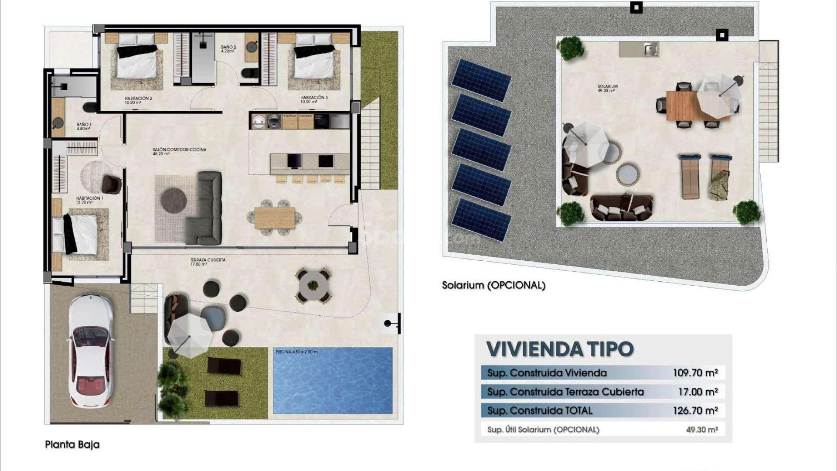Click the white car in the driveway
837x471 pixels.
[91, 350]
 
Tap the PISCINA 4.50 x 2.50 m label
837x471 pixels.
[296, 352]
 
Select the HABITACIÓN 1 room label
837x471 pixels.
[89, 200]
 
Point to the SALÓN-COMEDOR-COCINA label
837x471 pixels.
[179, 151]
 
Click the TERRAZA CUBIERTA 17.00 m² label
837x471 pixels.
[208, 262]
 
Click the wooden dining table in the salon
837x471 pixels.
[275, 217]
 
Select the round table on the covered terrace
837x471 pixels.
[313, 286]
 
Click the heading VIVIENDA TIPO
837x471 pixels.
[560, 349]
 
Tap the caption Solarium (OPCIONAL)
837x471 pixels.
[493, 286]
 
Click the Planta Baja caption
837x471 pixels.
[72, 445]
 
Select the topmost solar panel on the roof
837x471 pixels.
[481, 80]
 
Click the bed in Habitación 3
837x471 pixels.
[314, 61]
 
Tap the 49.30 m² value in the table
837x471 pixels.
[701, 430]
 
